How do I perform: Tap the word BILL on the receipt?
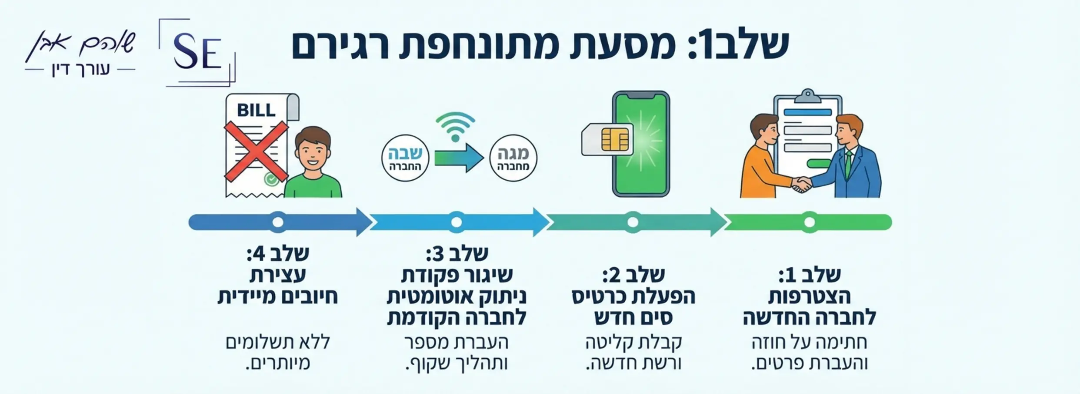pos(256,110)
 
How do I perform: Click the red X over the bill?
pos(256,151)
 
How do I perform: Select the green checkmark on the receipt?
pos(271,178)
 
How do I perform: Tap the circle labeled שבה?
pos(405,158)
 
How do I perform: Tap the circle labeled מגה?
pos(513,158)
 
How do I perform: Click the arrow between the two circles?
pos(459,158)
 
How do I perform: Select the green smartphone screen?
pos(642,144)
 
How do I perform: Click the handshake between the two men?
pos(801,184)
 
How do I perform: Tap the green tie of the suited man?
pos(848,161)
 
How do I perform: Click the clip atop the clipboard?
pos(808,95)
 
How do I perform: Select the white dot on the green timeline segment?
pos(809,222)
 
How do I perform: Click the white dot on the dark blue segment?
pos(278,222)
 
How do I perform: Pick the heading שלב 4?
pos(278,253)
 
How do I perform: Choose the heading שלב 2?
pos(633,275)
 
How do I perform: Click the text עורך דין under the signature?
pos(80,70)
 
